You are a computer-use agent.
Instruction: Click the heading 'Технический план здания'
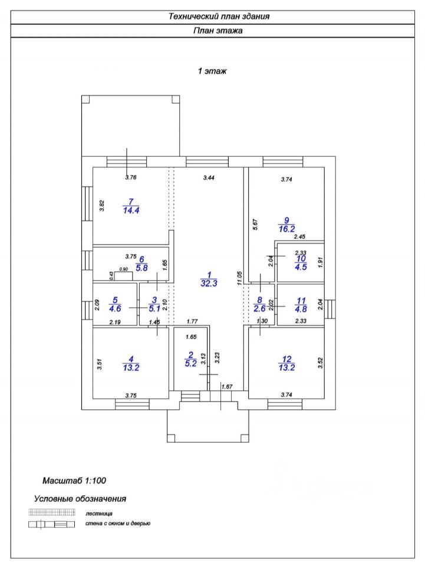click(x=219, y=17)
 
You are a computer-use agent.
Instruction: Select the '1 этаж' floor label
click(x=212, y=71)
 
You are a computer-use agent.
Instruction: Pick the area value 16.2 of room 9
click(x=287, y=229)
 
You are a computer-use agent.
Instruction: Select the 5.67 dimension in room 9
click(x=253, y=226)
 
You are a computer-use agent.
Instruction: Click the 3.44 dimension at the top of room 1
click(x=209, y=177)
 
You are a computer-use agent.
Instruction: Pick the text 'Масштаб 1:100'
click(x=74, y=481)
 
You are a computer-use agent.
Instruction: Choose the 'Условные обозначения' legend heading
click(x=80, y=499)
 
